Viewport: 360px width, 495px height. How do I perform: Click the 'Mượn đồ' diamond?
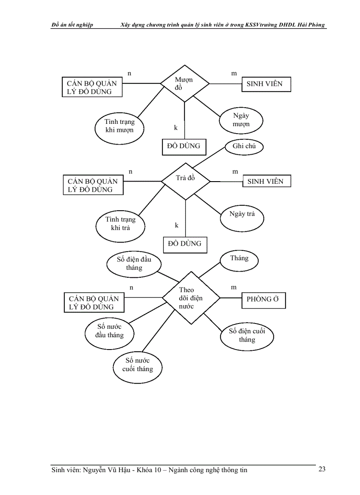(184, 83)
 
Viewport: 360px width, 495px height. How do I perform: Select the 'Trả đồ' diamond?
(185, 181)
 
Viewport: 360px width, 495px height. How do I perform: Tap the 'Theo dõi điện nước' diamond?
(191, 298)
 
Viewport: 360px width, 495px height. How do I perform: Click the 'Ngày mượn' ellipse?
(241, 120)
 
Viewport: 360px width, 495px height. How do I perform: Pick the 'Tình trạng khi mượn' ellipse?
(120, 126)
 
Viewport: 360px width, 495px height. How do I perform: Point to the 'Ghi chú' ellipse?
(244, 147)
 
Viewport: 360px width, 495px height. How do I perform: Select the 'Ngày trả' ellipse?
(242, 216)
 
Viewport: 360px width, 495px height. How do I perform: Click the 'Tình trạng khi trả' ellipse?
(120, 223)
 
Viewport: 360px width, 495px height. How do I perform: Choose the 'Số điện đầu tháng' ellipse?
(134, 264)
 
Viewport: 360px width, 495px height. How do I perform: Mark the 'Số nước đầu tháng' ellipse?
(109, 331)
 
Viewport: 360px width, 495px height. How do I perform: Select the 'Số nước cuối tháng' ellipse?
(138, 365)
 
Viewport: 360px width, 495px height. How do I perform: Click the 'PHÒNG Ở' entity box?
(263, 299)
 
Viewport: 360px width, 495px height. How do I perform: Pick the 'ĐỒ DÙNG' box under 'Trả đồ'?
(185, 244)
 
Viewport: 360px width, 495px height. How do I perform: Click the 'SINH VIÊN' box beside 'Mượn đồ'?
(266, 83)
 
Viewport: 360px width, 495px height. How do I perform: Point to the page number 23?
(322, 469)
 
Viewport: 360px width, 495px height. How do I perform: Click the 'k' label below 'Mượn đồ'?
(176, 128)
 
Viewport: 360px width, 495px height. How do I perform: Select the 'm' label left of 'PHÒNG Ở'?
(234, 287)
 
